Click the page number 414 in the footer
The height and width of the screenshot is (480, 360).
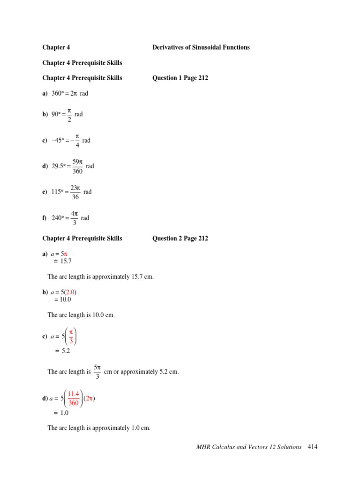click(x=313, y=447)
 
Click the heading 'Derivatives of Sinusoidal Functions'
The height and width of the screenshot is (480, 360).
click(x=201, y=47)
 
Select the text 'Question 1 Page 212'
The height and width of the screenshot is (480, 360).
click(x=180, y=78)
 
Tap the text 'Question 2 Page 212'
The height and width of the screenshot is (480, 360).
click(x=180, y=238)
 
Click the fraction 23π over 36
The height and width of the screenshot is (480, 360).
click(x=75, y=192)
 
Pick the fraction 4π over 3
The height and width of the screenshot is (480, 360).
click(x=74, y=218)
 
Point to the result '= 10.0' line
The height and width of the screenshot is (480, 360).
click(x=62, y=300)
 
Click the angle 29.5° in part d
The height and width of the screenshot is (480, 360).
click(x=58, y=166)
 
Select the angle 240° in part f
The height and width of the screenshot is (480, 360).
click(x=57, y=218)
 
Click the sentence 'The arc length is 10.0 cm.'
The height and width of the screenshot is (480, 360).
click(x=81, y=315)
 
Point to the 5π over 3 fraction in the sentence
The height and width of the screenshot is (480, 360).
click(x=97, y=371)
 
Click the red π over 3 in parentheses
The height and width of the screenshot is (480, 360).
click(x=71, y=337)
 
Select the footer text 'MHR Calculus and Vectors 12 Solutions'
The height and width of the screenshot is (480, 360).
click(x=249, y=447)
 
